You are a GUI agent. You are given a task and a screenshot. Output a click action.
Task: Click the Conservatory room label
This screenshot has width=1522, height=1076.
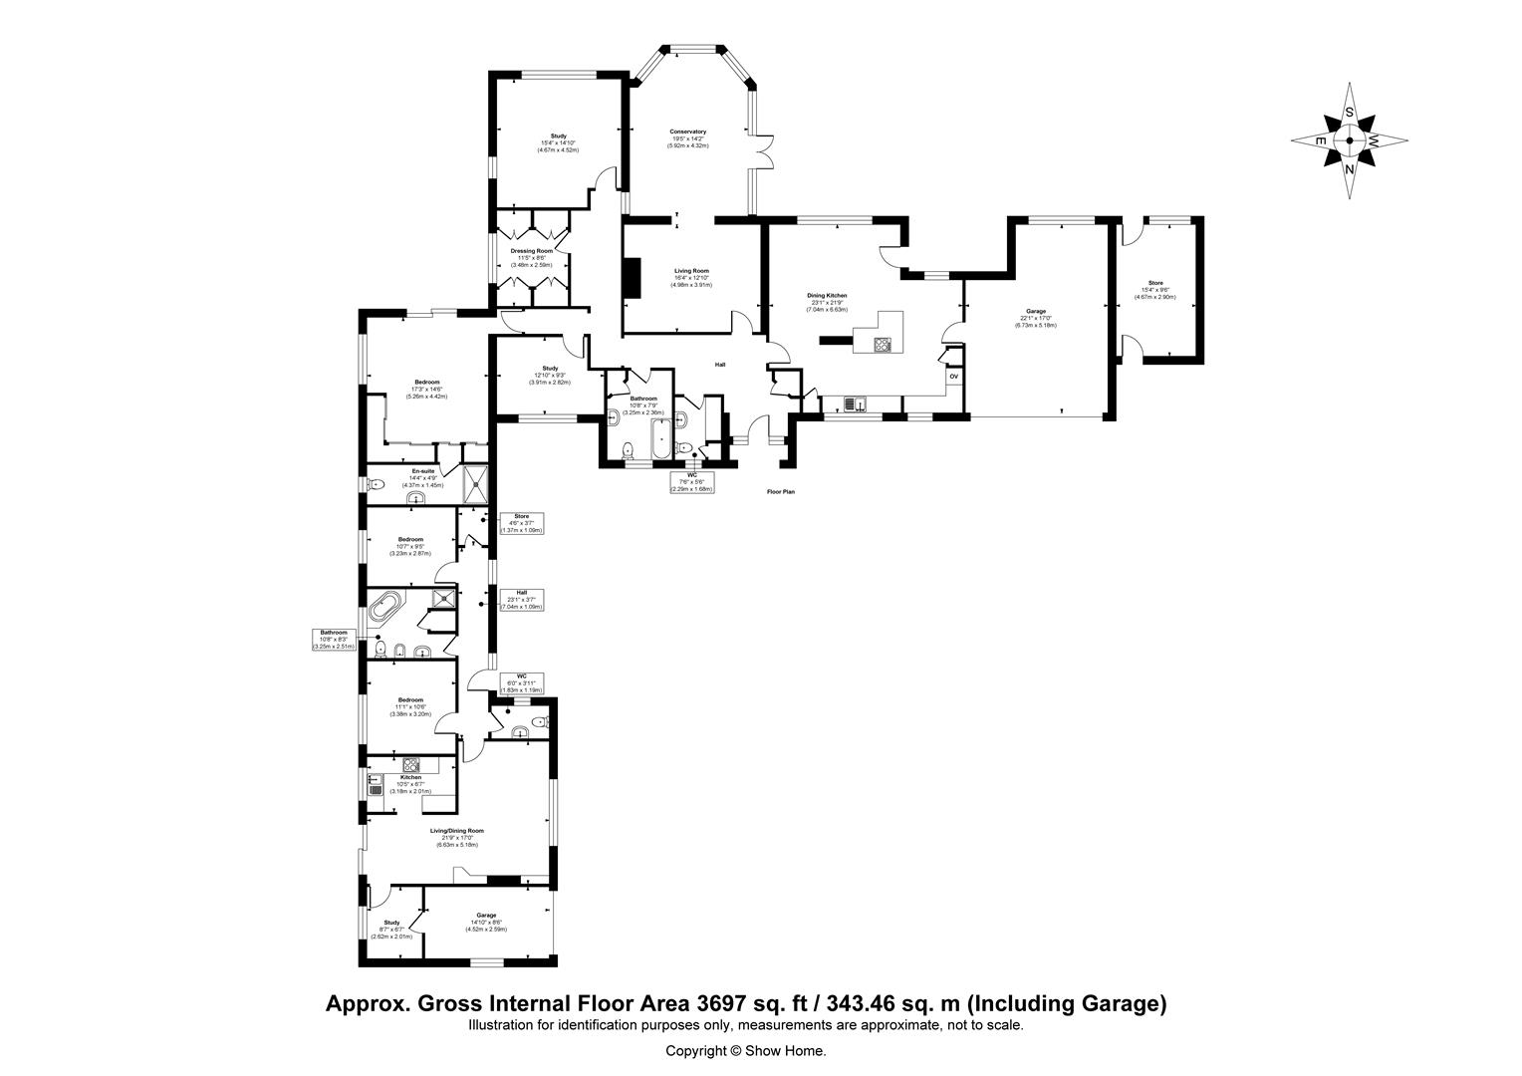click(x=687, y=132)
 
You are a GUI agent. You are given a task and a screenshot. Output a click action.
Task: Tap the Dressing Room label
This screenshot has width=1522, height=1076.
click(x=531, y=251)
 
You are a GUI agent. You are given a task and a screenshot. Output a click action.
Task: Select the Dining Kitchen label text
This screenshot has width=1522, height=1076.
click(x=827, y=296)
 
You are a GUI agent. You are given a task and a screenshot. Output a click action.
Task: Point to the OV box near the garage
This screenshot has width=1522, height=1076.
click(x=953, y=377)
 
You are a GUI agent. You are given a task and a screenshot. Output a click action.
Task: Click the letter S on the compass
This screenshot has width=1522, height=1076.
click(x=1349, y=113)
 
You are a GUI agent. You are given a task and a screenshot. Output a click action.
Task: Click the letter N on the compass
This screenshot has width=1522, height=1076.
click(x=1350, y=168)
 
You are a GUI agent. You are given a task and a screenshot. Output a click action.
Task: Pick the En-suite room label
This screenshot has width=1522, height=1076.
click(x=422, y=471)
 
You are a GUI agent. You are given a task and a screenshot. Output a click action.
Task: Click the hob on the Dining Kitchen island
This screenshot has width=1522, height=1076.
click(x=883, y=346)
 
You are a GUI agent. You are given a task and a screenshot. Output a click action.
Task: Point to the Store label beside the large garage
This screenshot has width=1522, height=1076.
click(x=1155, y=283)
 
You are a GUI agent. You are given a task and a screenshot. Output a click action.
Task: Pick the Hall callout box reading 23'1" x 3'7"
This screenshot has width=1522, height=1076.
click(x=521, y=599)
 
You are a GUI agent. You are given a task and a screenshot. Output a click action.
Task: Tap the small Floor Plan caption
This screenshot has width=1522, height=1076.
click(x=780, y=492)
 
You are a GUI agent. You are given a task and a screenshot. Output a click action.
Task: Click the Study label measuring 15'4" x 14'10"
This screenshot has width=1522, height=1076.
click(x=558, y=136)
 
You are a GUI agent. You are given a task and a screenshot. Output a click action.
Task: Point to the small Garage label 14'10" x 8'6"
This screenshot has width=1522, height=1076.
click(x=486, y=916)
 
